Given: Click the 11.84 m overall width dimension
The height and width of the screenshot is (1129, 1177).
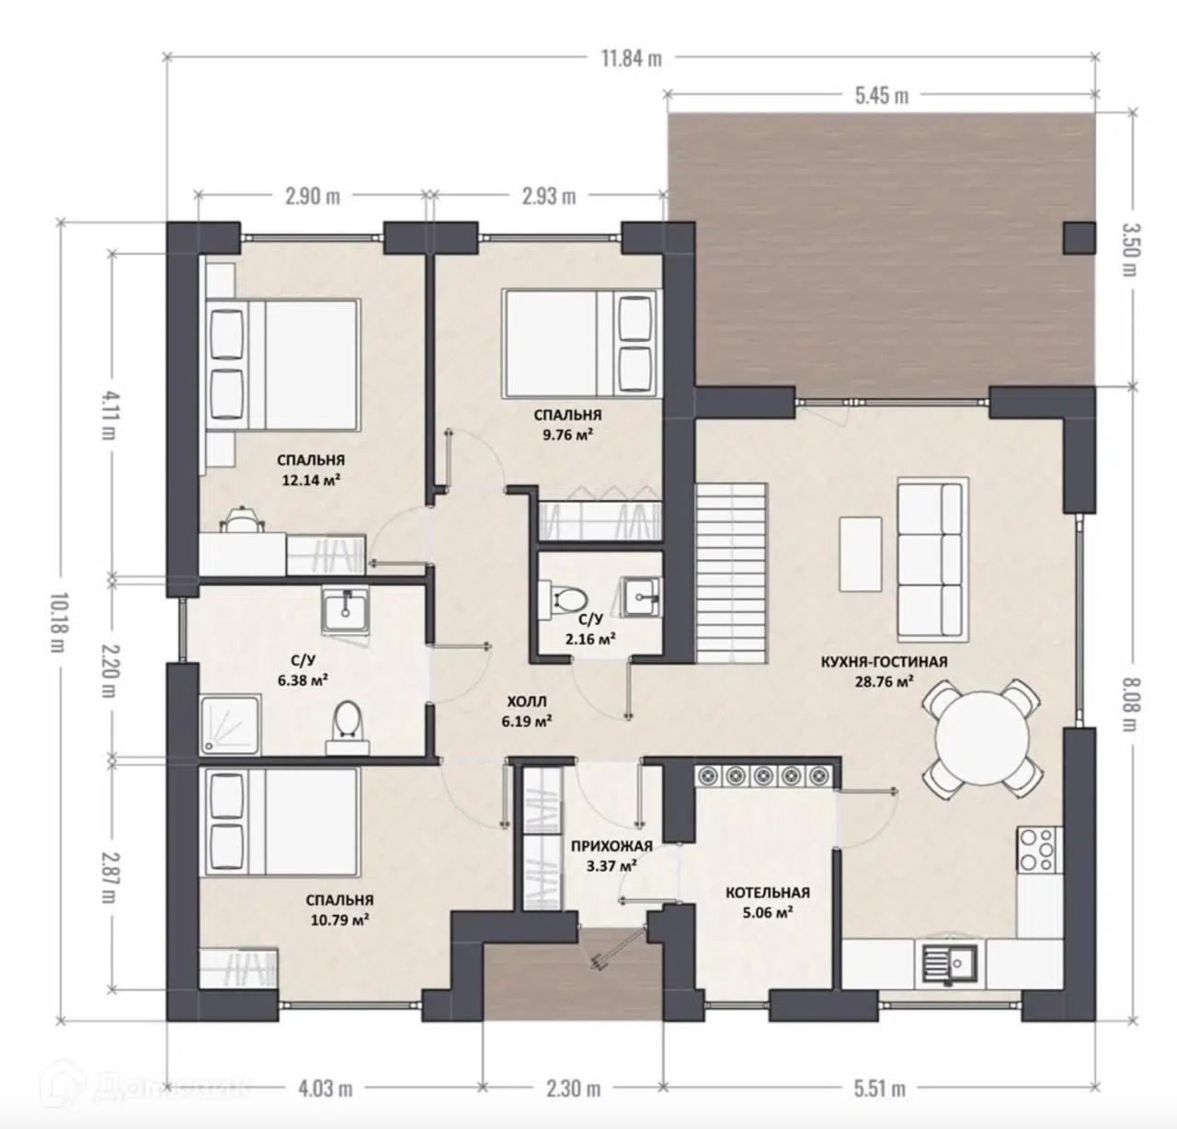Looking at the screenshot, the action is click(632, 59).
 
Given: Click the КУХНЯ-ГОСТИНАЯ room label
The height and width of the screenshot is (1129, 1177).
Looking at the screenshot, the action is click(884, 662).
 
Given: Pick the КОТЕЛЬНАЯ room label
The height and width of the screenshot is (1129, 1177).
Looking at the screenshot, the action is click(768, 893).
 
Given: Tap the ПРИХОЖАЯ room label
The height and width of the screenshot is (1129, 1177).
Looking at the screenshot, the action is click(612, 846).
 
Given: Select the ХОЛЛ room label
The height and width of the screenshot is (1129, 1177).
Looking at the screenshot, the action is click(526, 701).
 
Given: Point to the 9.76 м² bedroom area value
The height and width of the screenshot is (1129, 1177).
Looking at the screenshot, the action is click(567, 435).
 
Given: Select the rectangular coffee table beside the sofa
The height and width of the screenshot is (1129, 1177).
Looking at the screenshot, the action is click(860, 553).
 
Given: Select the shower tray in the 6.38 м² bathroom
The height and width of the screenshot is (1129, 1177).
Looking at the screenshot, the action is click(231, 725).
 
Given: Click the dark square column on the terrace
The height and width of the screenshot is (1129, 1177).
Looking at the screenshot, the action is click(1080, 237).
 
